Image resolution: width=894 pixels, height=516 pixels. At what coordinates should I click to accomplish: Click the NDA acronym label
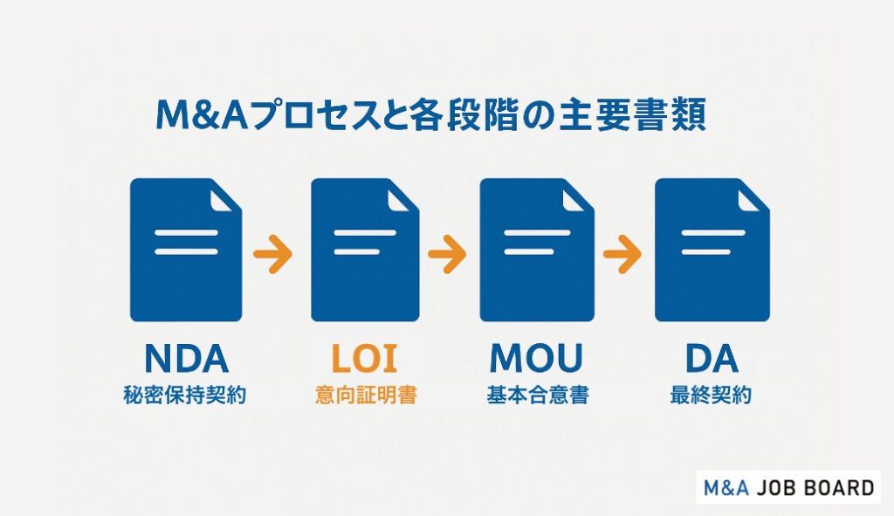point(185,360)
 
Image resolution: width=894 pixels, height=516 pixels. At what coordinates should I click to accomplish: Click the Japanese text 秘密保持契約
point(185,396)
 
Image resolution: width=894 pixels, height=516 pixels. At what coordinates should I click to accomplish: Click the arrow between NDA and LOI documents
point(273,255)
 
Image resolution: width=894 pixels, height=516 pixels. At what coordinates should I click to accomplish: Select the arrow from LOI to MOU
point(448,255)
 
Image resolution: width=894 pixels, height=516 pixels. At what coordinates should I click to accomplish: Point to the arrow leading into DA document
point(622,255)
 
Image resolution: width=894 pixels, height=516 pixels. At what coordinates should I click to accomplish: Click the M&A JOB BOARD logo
point(787,487)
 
